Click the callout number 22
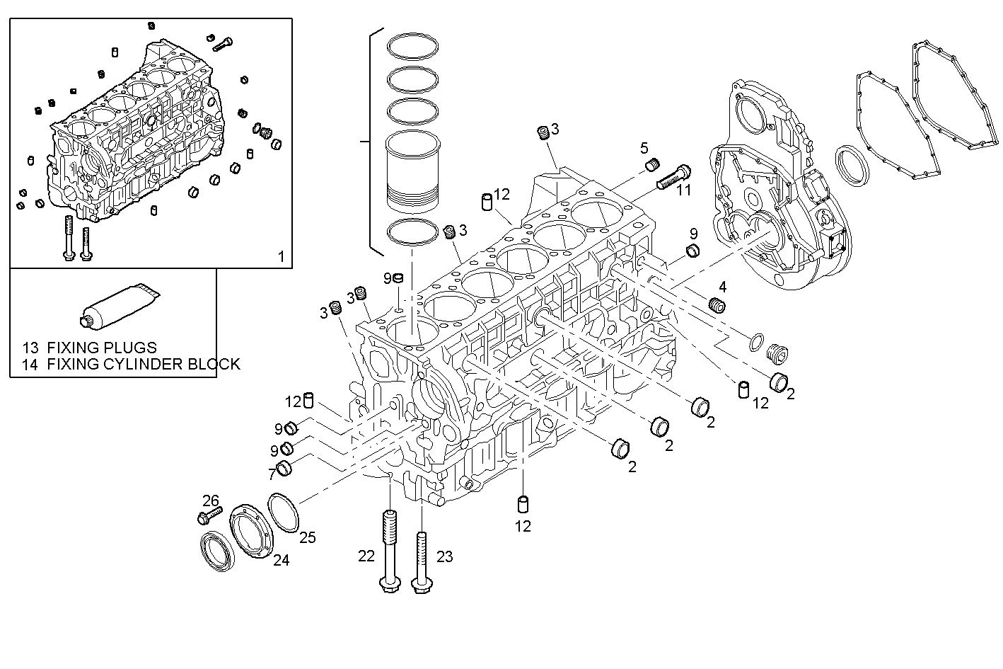coord(366,556)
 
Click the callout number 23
coord(443,556)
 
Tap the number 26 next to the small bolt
coord(211,501)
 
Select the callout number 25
coord(307,537)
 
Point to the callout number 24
coord(281,561)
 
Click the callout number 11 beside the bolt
coord(683,190)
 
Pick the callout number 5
coord(644,148)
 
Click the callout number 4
coord(722,287)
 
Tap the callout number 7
coord(271,472)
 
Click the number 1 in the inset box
coord(281,256)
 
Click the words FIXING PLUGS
coord(102,348)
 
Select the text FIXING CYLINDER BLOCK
coord(144,365)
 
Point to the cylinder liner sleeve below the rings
coord(412,172)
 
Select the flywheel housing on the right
coord(778,191)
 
